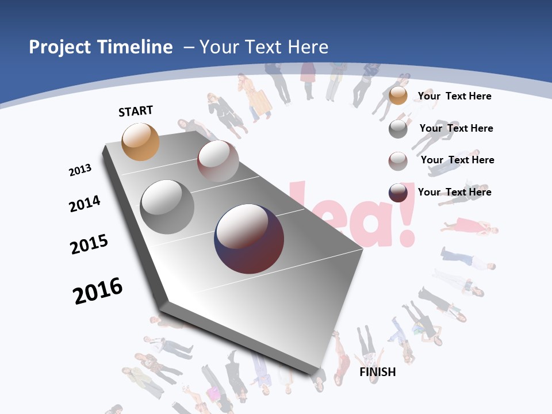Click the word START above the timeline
pyautogui.click(x=136, y=111)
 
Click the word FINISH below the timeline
pyautogui.click(x=378, y=372)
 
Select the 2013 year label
pyautogui.click(x=80, y=170)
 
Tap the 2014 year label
pyautogui.click(x=85, y=204)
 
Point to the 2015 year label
pyautogui.click(x=89, y=244)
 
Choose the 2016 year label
pyautogui.click(x=98, y=291)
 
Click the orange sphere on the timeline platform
pyautogui.click(x=141, y=141)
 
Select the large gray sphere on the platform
pyautogui.click(x=167, y=207)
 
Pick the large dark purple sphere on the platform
pyautogui.click(x=249, y=239)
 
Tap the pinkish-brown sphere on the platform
pyautogui.click(x=218, y=161)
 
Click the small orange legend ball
pyautogui.click(x=398, y=96)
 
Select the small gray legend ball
pyautogui.click(x=398, y=129)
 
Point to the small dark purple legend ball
pyautogui.click(x=398, y=193)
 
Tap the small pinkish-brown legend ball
pyautogui.click(x=398, y=161)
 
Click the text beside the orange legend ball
pyautogui.click(x=454, y=96)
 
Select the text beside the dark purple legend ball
pyautogui.click(x=454, y=192)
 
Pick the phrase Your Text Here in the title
pyautogui.click(x=264, y=47)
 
